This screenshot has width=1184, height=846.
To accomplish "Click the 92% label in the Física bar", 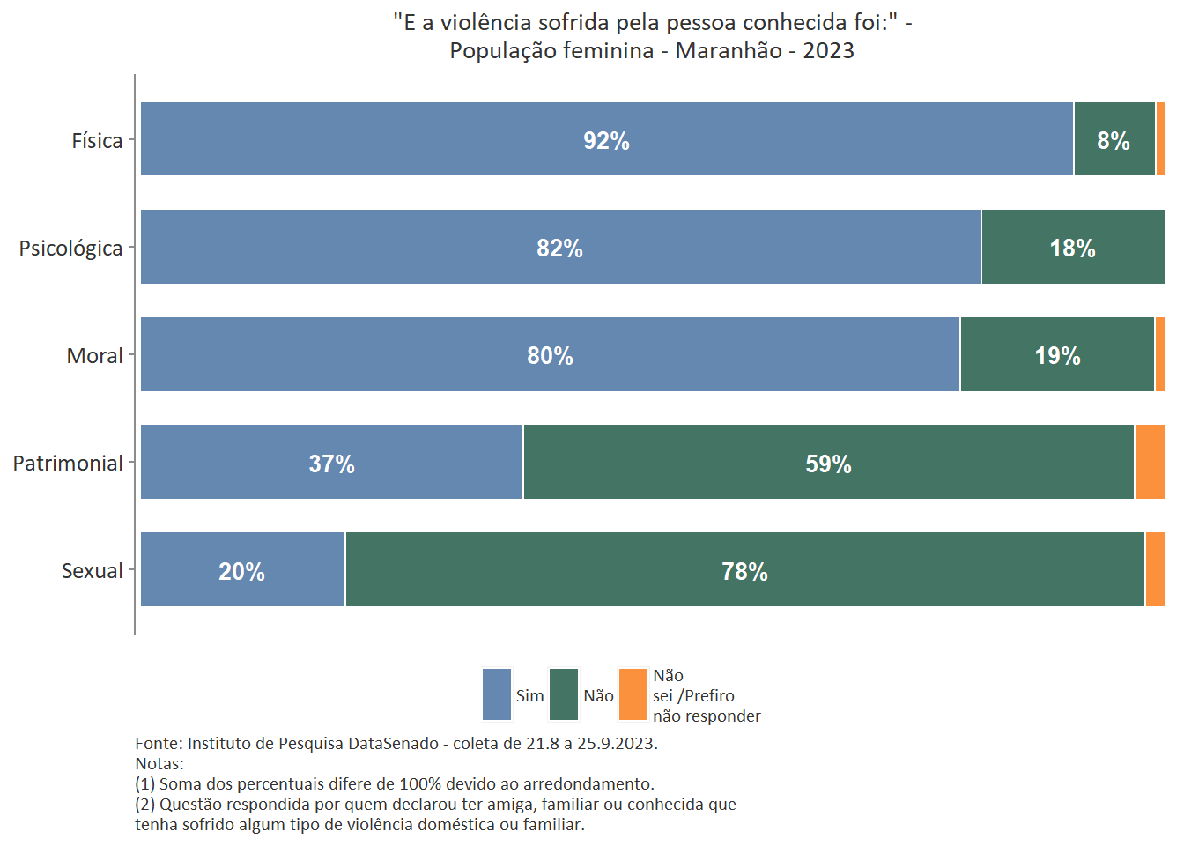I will (x=606, y=141).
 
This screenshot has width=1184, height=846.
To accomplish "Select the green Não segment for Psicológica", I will (x=1072, y=248).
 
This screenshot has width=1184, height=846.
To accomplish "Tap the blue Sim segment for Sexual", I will (x=242, y=570).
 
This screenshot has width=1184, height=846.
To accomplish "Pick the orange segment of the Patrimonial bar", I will (x=1149, y=463).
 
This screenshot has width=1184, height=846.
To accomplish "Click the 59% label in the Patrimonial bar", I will (x=828, y=464).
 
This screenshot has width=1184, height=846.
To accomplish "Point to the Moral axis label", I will (x=94, y=356).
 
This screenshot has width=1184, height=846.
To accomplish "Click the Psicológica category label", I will (x=70, y=249).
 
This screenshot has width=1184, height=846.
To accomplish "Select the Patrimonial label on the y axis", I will (x=68, y=464).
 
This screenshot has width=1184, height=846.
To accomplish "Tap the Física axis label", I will (x=97, y=141).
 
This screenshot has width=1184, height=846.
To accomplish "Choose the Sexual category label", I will (x=92, y=571).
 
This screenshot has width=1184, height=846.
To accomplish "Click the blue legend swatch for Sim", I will (x=497, y=694).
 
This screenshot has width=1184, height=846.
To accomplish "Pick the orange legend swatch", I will (x=633, y=694).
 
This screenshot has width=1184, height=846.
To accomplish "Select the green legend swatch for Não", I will (x=564, y=694).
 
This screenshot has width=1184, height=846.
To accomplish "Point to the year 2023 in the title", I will (x=828, y=50).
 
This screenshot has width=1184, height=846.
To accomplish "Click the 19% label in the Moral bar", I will (x=1057, y=356).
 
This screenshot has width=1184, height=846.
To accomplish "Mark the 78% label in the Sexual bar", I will (x=744, y=572).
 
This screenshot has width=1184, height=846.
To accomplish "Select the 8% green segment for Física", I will (x=1114, y=140).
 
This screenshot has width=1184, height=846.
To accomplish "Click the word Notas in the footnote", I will (x=159, y=763).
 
